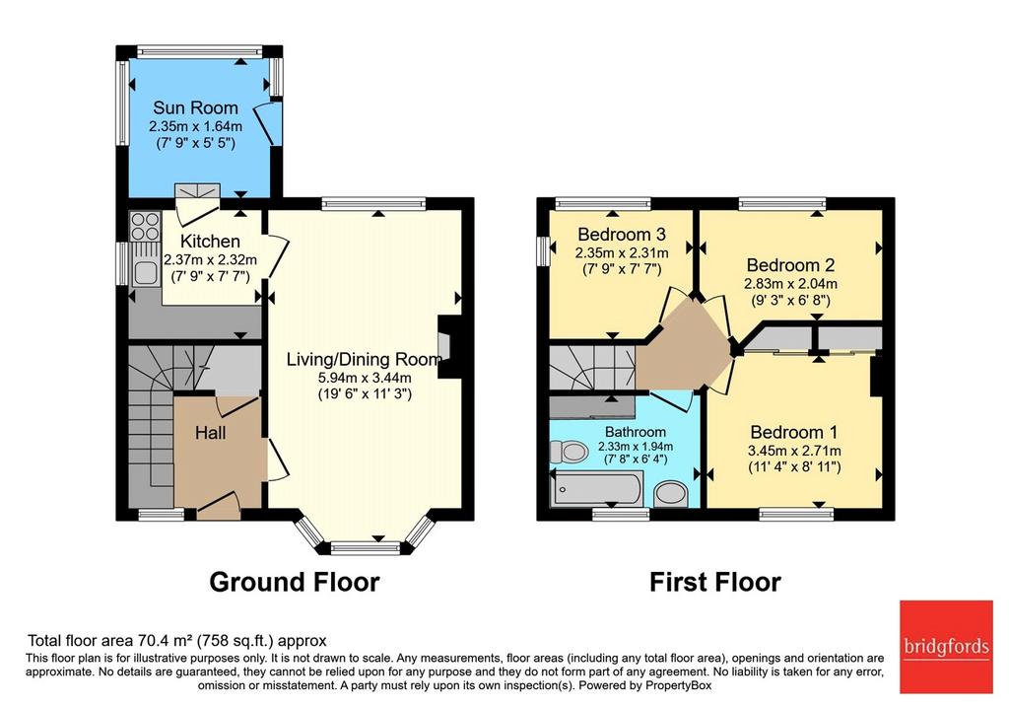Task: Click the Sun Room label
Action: click(196, 107)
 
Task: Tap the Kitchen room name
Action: click(211, 242)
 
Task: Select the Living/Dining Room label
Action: click(365, 359)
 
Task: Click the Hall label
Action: click(211, 433)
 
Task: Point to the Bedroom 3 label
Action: click(622, 235)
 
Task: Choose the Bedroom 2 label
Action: click(791, 264)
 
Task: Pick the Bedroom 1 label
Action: click(795, 432)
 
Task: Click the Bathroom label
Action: click(636, 432)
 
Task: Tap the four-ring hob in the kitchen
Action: click(145, 226)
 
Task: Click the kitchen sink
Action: click(146, 273)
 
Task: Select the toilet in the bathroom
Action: click(569, 451)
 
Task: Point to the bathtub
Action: click(596, 489)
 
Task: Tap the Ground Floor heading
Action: click(295, 582)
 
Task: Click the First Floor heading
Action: click(715, 582)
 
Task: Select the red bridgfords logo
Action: click(946, 647)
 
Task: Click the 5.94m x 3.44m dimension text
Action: click(365, 378)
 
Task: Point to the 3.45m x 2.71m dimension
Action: click(795, 451)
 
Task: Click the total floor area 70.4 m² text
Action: click(177, 641)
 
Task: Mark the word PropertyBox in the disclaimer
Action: click(678, 685)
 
